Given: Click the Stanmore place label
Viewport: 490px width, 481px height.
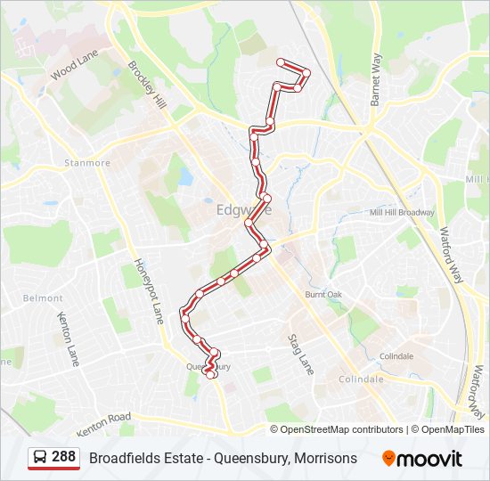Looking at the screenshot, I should point(87,163).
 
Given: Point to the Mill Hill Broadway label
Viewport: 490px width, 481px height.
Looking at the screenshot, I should point(402,213).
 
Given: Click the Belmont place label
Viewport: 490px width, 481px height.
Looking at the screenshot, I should point(44,298).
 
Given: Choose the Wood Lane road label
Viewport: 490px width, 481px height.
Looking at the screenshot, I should point(75,69).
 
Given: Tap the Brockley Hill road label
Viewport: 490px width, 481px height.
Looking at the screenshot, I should point(147,85).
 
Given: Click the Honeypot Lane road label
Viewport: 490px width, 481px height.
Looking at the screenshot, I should point(149,289).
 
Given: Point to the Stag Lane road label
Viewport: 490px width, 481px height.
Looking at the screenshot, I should point(300,353).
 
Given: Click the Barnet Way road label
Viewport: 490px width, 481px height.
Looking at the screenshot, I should point(376,79).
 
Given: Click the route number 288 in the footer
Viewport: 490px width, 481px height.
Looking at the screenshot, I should point(63,457).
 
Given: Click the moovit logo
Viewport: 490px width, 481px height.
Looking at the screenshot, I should point(422,459).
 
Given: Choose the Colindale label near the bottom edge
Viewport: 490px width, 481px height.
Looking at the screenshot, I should point(360,379).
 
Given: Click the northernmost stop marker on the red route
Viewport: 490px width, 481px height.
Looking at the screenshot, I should point(282,61).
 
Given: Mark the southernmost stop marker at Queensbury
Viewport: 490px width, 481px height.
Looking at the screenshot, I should point(211,375).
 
